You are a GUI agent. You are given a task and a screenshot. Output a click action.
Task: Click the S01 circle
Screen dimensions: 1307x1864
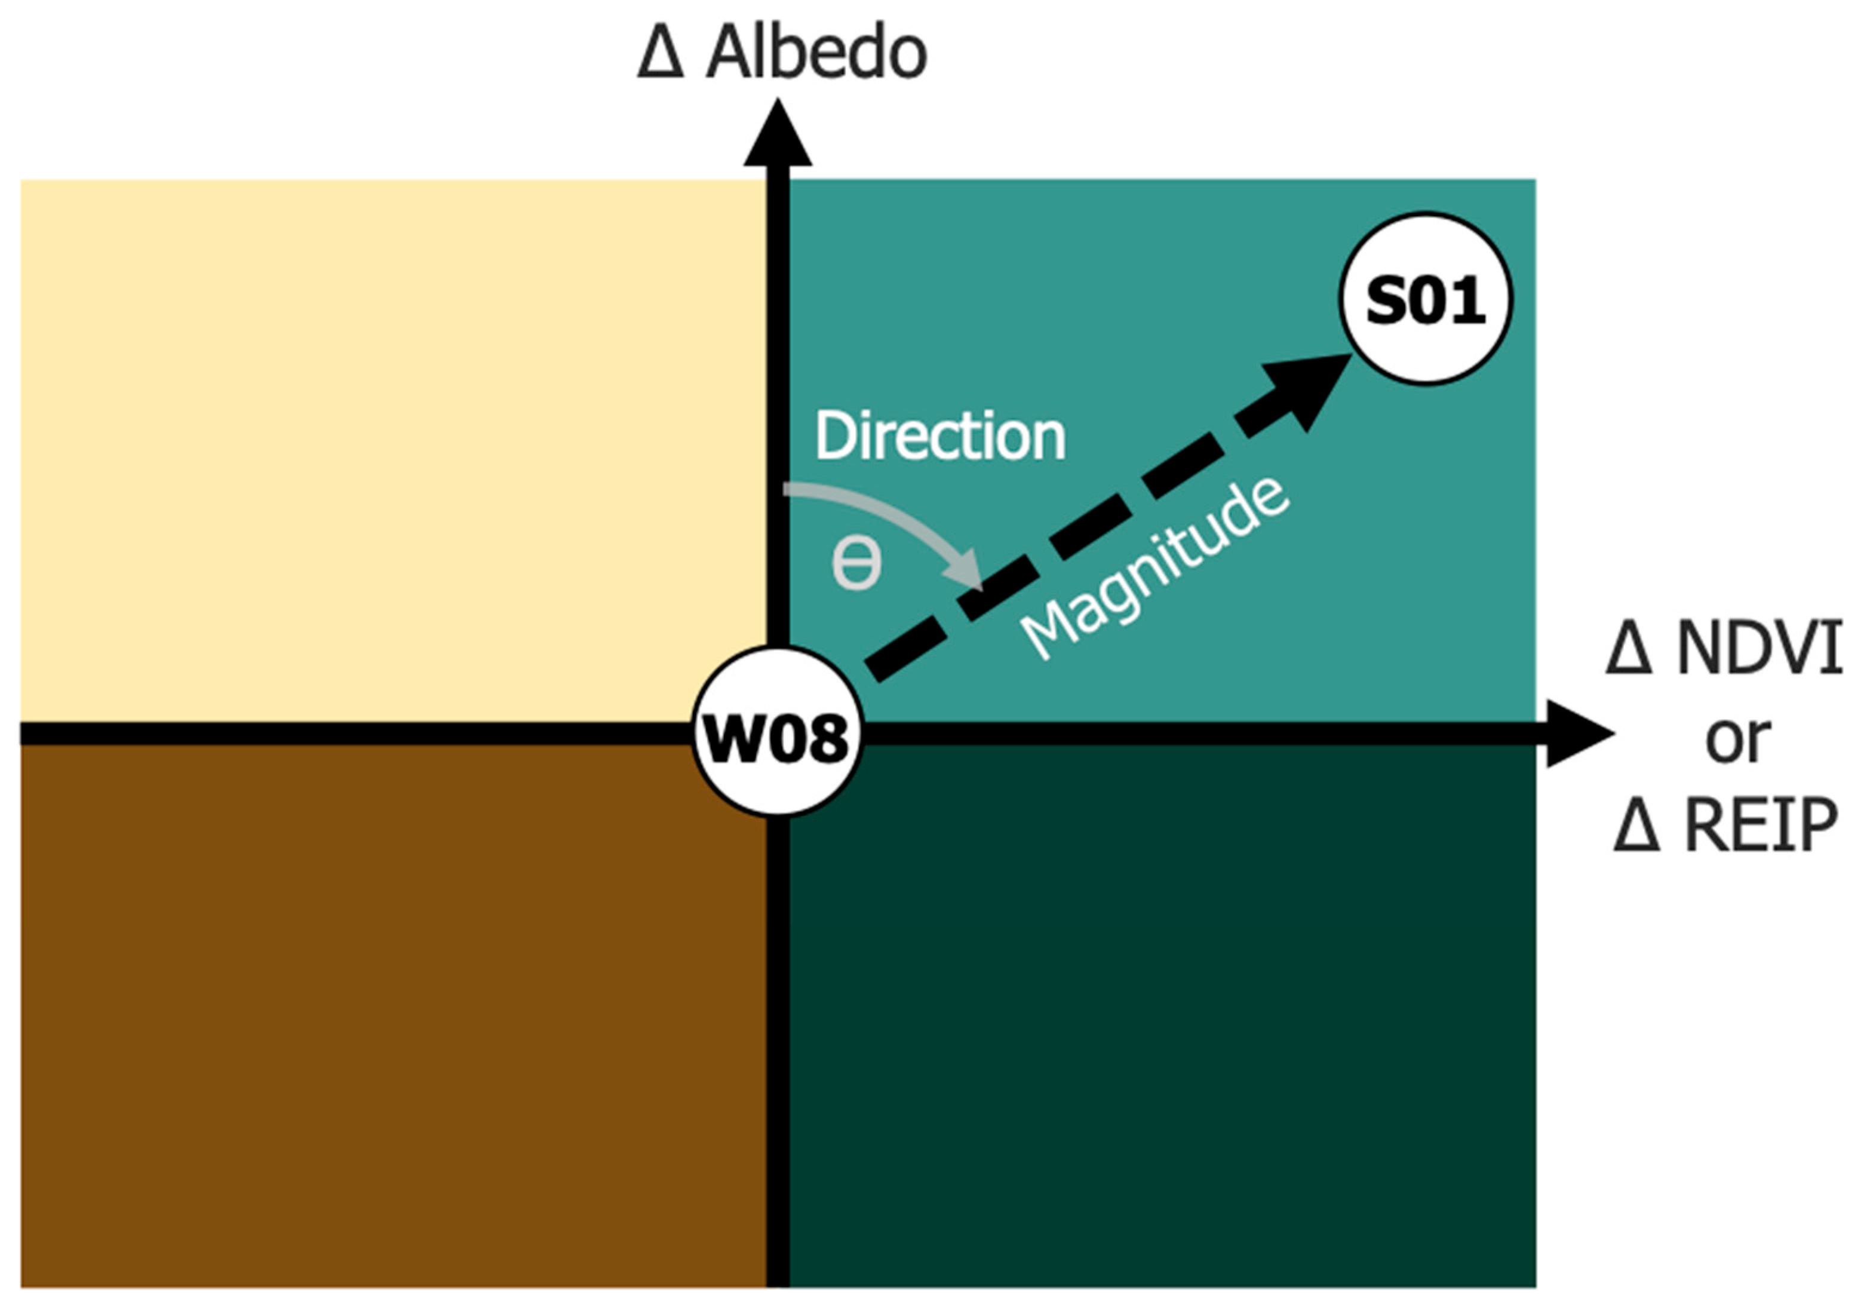pyautogui.click(x=1426, y=299)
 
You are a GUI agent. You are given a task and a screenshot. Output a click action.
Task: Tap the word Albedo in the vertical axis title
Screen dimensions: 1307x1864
pyautogui.click(x=816, y=54)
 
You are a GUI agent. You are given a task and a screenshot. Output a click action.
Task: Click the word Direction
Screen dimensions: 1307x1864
pyautogui.click(x=939, y=437)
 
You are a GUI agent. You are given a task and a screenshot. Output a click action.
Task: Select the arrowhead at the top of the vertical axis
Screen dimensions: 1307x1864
pyautogui.click(x=778, y=134)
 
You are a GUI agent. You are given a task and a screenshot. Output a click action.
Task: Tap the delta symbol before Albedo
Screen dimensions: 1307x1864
pyautogui.click(x=660, y=55)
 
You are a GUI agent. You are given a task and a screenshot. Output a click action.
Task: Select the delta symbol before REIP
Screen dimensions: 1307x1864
pyautogui.click(x=1636, y=826)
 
